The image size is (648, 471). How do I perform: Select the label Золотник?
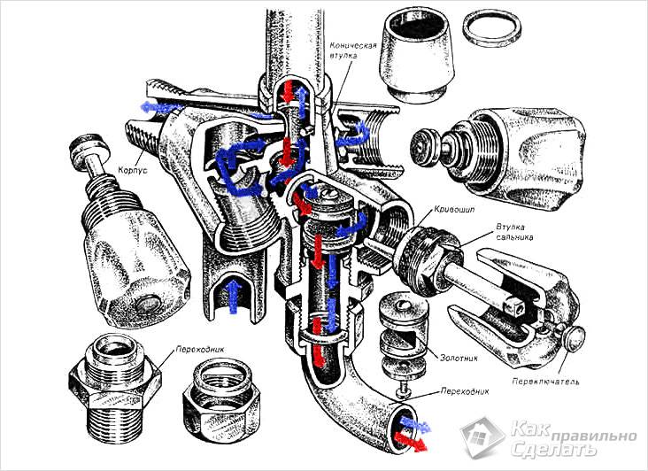457,362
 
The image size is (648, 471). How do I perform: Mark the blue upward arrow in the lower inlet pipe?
233,295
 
